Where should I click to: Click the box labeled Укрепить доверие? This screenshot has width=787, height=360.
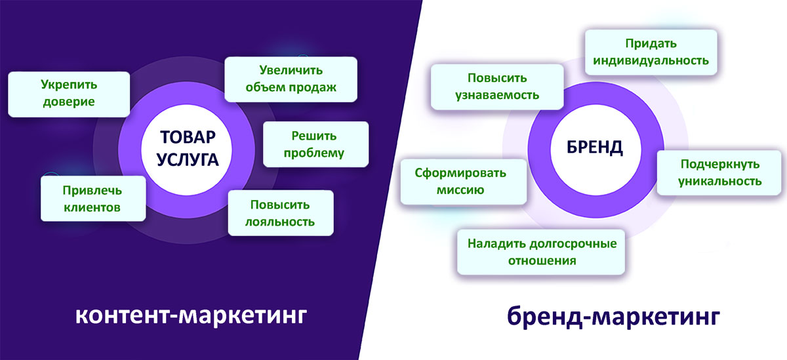click(69, 94)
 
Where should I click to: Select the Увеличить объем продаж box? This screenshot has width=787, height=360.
click(291, 79)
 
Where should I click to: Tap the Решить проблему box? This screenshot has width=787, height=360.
click(316, 144)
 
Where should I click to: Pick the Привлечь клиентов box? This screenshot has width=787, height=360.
click(93, 199)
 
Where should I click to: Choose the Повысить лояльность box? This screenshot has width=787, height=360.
click(281, 213)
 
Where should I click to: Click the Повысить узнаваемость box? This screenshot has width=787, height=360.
click(497, 87)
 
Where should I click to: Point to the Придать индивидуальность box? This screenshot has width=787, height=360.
click(651, 52)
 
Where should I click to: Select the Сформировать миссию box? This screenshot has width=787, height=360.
click(464, 182)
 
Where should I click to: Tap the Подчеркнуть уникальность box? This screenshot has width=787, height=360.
click(719, 172)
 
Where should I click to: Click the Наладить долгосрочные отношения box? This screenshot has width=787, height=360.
click(541, 252)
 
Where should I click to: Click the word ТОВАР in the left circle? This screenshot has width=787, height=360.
click(188, 137)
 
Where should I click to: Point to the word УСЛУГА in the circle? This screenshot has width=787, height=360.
click(188, 160)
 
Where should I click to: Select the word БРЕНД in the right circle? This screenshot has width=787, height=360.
click(594, 147)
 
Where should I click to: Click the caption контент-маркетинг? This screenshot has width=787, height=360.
click(191, 315)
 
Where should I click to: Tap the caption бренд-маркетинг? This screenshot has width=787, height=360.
click(613, 316)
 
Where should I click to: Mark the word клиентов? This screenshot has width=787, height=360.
click(92, 208)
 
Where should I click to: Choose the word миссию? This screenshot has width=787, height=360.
click(460, 190)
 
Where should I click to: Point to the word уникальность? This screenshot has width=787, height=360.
click(720, 181)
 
